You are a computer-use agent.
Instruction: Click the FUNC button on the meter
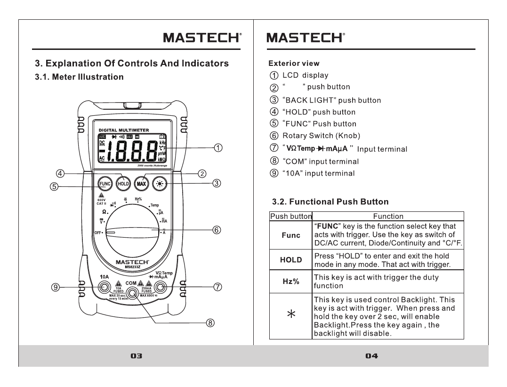coord(105,183)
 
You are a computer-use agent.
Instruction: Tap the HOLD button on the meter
coord(123,183)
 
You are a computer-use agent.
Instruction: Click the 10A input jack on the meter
coord(104,287)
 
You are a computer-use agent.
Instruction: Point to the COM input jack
coord(132,293)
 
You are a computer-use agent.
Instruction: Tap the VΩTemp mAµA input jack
coord(161,287)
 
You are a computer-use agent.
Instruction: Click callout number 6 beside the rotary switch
coord(216,230)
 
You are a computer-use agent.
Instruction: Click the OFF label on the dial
coord(98,233)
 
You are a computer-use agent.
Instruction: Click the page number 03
coord(136,356)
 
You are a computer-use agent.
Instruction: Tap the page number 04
coord(371,356)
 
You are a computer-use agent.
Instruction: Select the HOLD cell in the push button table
coord(290,259)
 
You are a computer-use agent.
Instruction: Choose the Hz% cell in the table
coord(290,282)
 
